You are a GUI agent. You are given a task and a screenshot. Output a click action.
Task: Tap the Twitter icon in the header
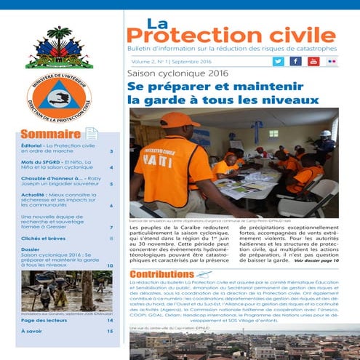pos(278,61)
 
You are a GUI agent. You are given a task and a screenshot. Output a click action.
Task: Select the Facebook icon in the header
pos(295,61)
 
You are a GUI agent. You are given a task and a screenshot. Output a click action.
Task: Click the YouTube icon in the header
pos(313,61)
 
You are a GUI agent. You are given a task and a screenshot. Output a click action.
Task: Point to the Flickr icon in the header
pos(332,61)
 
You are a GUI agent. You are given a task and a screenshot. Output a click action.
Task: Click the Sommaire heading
pos(50,134)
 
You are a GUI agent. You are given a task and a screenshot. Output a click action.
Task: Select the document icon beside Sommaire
pos(92,134)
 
